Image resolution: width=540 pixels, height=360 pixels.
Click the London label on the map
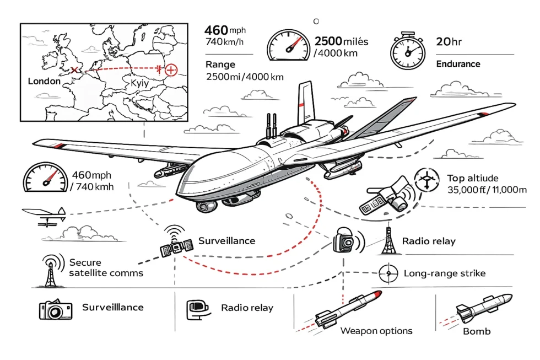click(x=44, y=81)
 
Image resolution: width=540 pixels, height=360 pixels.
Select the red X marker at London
click(x=74, y=70)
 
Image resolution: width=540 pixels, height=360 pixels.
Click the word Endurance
click(x=458, y=64)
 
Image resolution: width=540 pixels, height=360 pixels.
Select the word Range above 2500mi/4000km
click(x=220, y=65)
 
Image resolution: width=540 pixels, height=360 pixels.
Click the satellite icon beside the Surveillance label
click(x=176, y=246)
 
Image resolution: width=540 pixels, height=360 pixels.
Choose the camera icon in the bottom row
click(x=55, y=310)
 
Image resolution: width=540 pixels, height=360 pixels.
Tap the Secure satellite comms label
click(x=106, y=267)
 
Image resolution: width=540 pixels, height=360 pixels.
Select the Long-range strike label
click(x=445, y=273)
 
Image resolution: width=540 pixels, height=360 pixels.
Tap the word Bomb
click(x=477, y=331)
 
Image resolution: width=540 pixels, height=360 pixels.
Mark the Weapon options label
click(x=376, y=331)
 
